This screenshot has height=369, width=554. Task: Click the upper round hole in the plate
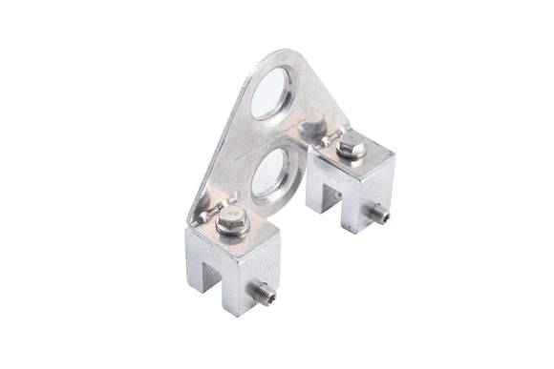point(269,92)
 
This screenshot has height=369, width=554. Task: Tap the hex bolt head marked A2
point(232,220)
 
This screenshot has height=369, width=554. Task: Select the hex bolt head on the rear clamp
point(351,145)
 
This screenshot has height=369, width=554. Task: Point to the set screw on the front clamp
point(265,293)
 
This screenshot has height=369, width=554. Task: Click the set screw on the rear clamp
point(377,214)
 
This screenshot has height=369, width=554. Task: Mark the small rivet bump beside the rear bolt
point(328,140)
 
